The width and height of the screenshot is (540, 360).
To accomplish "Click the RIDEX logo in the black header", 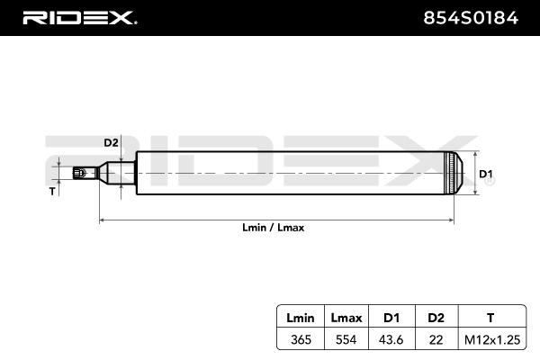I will (78, 16).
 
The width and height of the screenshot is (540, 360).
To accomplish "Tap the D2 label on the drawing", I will (111, 143).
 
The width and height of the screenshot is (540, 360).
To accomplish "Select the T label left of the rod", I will (52, 191).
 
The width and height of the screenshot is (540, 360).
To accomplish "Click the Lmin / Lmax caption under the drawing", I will (274, 228).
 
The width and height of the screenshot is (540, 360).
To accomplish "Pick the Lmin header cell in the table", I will (300, 317).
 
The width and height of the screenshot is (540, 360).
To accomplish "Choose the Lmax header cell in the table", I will (346, 317).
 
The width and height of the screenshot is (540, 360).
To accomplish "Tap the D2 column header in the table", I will (436, 317).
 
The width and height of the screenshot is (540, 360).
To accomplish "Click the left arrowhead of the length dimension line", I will (102, 219).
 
